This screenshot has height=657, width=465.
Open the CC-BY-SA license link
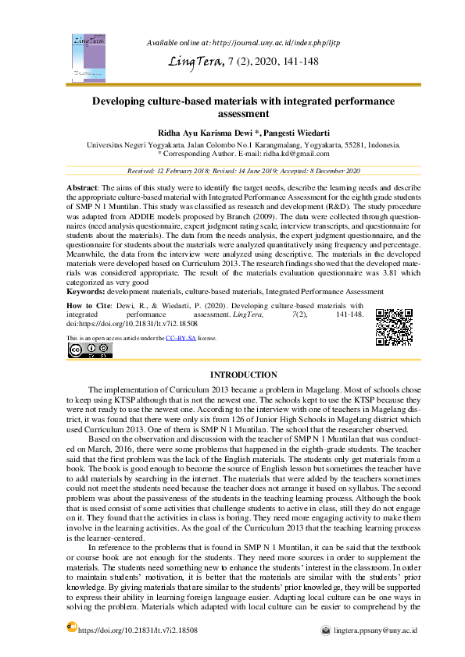point(181,338)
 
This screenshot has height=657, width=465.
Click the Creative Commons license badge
point(84,351)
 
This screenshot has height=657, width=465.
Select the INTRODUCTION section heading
point(244,375)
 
